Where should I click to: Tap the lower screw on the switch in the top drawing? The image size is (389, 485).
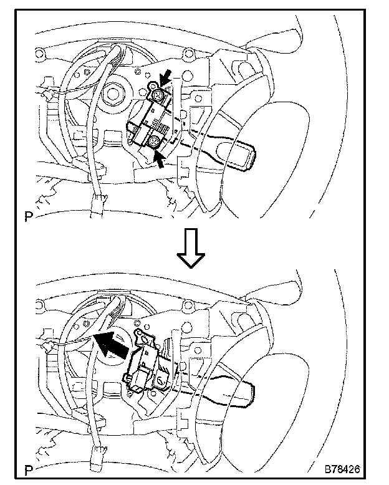click(x=154, y=145)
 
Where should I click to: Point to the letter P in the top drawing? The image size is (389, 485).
click(x=29, y=218)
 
